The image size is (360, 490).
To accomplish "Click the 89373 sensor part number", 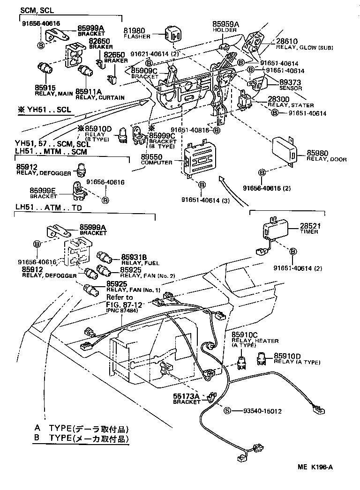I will pos(291,82).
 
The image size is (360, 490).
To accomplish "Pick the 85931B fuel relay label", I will pos(134,257).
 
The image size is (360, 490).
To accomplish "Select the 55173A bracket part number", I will pos(187,396).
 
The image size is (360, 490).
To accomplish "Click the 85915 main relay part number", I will pos(45,87).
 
